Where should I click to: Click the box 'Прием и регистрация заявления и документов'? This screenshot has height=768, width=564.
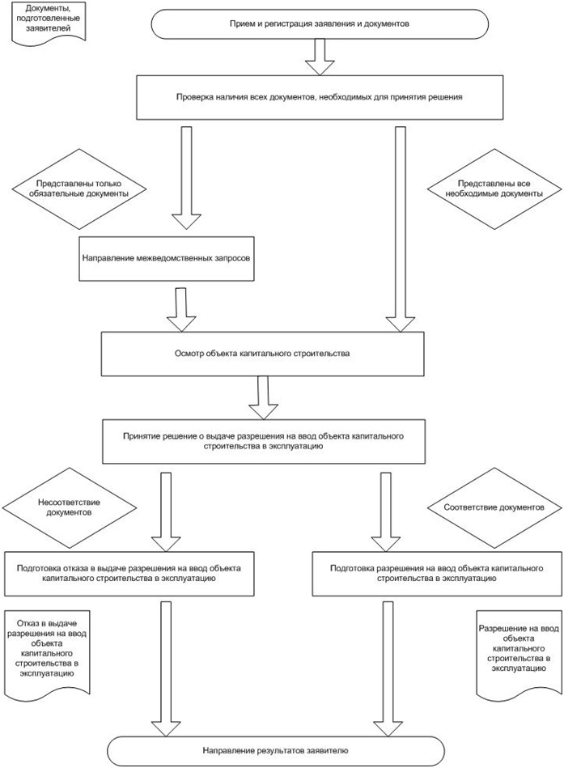[320, 24]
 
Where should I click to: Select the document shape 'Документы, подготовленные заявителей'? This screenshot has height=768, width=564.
[49, 23]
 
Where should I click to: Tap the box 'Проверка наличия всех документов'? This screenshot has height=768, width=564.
[320, 97]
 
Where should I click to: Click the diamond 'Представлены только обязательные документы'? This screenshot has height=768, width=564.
[78, 189]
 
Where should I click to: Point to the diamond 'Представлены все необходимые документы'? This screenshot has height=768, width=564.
[494, 189]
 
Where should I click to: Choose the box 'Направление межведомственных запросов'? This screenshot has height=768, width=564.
[167, 259]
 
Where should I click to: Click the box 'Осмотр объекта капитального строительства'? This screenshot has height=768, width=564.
[262, 354]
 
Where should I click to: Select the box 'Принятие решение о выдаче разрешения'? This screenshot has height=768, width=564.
[264, 441]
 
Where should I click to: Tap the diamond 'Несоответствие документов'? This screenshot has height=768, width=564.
[69, 508]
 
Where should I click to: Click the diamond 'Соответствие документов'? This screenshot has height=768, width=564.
[494, 508]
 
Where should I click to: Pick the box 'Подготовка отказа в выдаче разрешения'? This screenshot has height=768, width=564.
[129, 574]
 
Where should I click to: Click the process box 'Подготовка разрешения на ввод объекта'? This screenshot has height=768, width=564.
[437, 574]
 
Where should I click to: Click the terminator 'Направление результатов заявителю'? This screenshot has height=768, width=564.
[276, 751]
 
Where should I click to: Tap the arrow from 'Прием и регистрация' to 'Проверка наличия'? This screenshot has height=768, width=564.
[320, 57]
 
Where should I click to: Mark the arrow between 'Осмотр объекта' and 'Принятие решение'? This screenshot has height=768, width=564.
[264, 397]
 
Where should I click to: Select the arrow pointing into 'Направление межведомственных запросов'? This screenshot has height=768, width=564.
[187, 178]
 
